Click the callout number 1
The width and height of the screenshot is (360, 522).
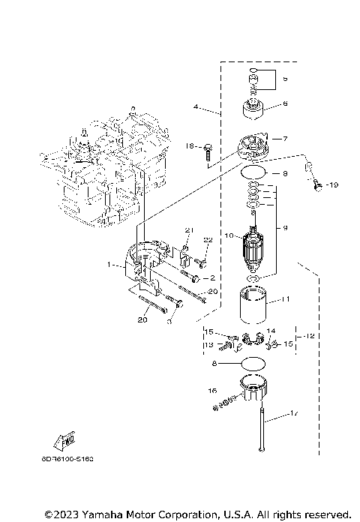pyautogui.click(x=109, y=265)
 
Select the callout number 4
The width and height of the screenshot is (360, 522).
pyautogui.click(x=196, y=107)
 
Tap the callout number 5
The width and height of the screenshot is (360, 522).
pyautogui.click(x=284, y=78)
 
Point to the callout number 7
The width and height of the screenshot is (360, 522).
pyautogui.click(x=285, y=138)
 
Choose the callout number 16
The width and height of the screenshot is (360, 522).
pyautogui.click(x=213, y=391)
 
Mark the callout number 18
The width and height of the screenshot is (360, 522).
pyautogui.click(x=190, y=145)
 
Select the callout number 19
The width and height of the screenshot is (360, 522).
pyautogui.click(x=334, y=184)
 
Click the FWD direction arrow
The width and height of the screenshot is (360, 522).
pyautogui.click(x=64, y=439)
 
